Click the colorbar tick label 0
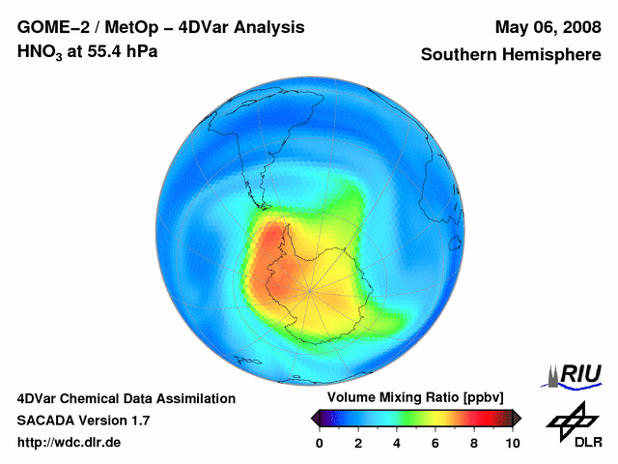[320, 443]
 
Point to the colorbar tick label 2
[357, 443]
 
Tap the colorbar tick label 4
[396, 443]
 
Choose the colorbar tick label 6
[435, 443]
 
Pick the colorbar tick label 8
[473, 443]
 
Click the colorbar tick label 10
[512, 443]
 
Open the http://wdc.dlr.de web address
[70, 443]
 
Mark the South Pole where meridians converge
[311, 290]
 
